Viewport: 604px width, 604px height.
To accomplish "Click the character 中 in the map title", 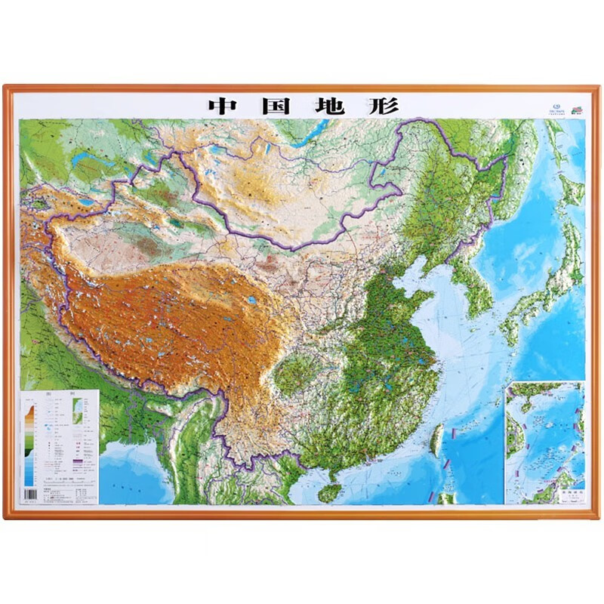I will [222, 106].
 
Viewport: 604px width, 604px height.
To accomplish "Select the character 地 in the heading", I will [329, 106].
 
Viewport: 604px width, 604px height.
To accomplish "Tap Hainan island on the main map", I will [327, 492].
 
